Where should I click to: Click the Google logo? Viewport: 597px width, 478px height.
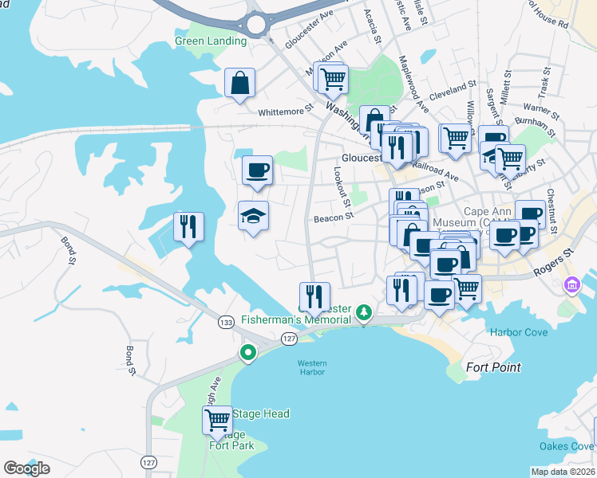(27, 468)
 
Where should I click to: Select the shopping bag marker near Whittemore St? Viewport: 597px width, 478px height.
(239, 83)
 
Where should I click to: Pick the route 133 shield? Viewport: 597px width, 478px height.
(227, 321)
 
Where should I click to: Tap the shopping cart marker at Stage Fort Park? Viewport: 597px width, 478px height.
(217, 421)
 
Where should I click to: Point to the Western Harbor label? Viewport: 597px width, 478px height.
(312, 368)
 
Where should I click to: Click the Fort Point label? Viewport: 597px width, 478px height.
(495, 367)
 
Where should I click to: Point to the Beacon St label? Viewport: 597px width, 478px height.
(333, 217)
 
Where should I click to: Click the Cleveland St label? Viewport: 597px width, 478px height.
(452, 87)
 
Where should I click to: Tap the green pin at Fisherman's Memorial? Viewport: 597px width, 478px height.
(364, 311)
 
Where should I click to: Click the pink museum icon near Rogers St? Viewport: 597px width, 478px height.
(571, 284)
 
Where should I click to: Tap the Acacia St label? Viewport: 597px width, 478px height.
(373, 23)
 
